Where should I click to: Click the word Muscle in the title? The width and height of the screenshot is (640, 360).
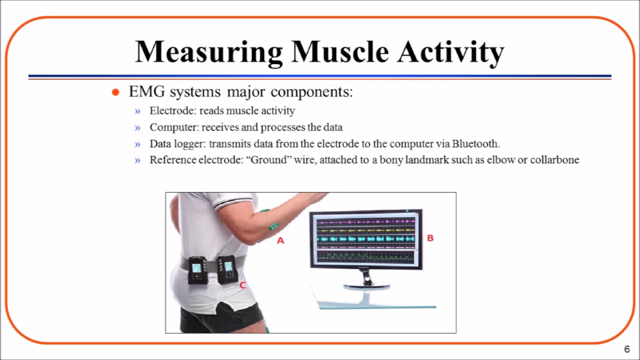click(339, 51)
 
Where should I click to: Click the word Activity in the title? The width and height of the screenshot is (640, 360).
click(450, 52)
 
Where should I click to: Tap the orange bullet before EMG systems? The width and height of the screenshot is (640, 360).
click(115, 92)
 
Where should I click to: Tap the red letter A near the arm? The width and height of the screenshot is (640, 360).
click(280, 240)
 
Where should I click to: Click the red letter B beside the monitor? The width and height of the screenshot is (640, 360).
click(430, 238)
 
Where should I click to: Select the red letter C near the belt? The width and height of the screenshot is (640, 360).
click(242, 285)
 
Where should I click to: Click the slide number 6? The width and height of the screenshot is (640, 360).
click(627, 349)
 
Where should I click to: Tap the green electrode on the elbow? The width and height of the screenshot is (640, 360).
click(273, 226)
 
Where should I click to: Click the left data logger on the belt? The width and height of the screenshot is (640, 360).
click(197, 270)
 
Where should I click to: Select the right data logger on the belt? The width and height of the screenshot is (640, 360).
click(227, 269)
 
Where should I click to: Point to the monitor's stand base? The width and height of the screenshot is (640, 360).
click(366, 286)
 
